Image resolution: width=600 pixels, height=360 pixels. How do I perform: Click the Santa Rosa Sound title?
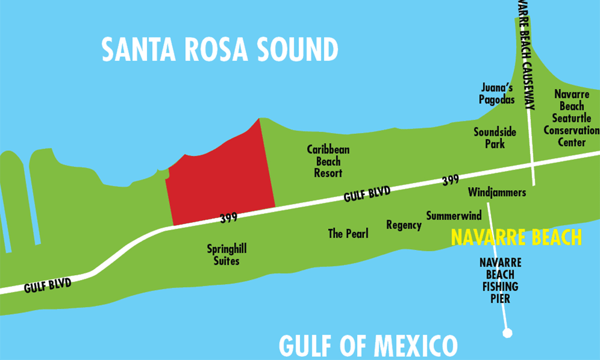tap(220, 49)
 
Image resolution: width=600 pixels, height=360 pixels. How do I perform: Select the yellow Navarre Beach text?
tap(516, 238)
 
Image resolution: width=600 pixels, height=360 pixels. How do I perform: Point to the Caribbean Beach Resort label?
tap(328, 161)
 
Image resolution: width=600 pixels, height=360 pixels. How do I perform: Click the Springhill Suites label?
tap(227, 255)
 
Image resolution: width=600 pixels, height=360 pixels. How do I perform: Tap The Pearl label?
tap(348, 234)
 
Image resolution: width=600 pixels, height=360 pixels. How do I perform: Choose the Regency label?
tap(404, 225)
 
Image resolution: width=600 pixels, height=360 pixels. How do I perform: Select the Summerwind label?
tap(454, 216)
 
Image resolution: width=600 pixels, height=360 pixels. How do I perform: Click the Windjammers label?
tap(497, 192)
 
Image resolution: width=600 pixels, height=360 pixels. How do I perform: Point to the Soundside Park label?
tap(495, 137)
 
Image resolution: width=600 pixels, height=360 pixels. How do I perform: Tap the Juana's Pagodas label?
tap(497, 94)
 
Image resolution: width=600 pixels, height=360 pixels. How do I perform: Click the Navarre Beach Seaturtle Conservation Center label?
tap(571, 118)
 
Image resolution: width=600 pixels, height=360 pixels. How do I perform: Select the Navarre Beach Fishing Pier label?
tap(500, 280)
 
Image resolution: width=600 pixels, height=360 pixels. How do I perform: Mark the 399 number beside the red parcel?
tap(229, 217)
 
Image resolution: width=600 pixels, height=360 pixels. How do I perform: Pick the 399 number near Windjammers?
tap(450, 181)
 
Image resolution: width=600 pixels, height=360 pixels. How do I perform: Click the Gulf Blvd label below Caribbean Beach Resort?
tap(367, 194)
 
